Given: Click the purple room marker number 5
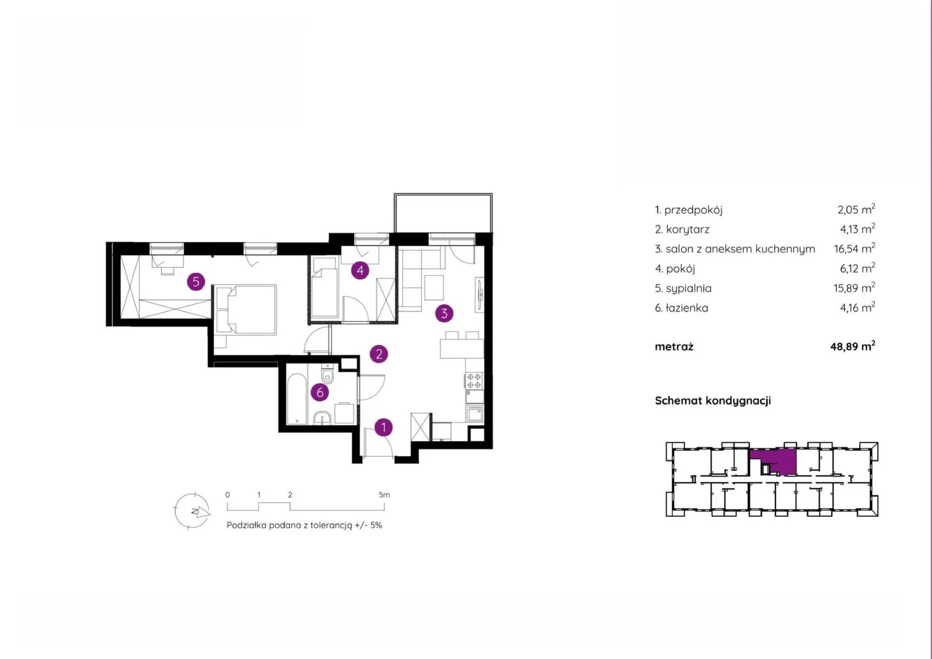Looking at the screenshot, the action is coord(196,282).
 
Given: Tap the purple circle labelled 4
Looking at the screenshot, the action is coord(360,270).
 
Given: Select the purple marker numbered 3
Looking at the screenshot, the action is coord(444,313).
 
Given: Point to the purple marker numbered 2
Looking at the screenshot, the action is coord(379,354).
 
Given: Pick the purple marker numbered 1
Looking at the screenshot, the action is coord(383,427).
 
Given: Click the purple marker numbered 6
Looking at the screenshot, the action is coord(320,392).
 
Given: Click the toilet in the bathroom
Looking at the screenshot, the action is coord(327,374).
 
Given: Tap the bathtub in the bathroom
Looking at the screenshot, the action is coord(297,399).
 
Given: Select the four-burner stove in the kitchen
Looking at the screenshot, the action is coord(474,380).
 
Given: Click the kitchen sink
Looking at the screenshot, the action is coord(475,414).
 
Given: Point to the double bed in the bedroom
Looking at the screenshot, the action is coord(245,310).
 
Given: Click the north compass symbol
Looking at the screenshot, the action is coord(192,511).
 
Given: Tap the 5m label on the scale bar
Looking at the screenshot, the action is coord(384,495).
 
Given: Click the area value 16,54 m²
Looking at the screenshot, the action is coord(854,249).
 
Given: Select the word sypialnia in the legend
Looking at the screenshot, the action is coord(689,288).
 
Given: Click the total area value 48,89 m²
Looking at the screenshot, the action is coord(853,346).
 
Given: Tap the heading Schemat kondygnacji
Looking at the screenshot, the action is coord(713,400).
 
